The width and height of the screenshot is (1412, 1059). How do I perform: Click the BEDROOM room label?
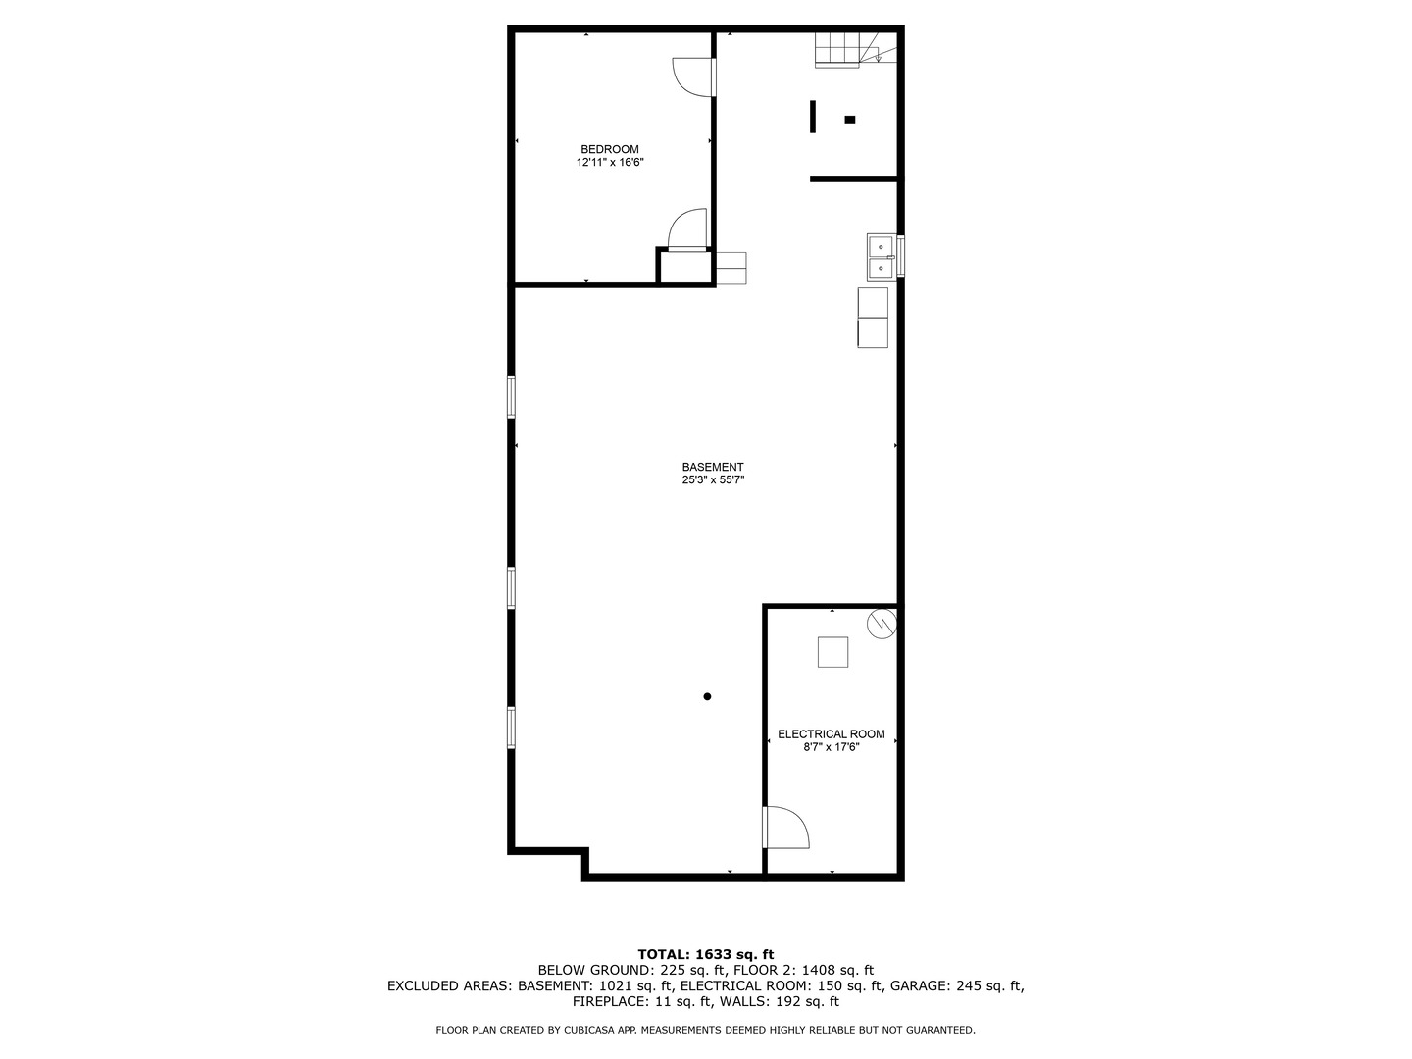[x=609, y=149]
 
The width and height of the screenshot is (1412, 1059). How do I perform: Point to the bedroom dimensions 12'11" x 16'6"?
[x=609, y=163]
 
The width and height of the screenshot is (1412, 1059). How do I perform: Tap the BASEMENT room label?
[x=713, y=467]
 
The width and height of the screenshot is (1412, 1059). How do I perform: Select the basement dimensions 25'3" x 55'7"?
[x=713, y=480]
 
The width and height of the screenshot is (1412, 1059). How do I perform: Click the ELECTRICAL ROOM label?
[x=831, y=733]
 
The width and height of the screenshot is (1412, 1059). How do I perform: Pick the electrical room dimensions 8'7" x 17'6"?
[x=831, y=747]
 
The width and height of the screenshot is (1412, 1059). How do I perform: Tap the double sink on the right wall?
[x=881, y=256]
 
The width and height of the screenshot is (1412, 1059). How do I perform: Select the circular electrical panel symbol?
[x=882, y=624]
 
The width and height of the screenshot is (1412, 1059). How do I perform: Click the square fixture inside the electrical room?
[x=832, y=652]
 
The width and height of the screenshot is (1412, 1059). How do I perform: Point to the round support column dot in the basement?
[x=707, y=696]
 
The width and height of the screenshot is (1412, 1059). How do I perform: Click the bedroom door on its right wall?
[x=694, y=77]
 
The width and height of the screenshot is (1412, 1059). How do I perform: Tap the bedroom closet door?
[x=686, y=231]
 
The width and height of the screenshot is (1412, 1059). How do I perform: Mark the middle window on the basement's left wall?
[x=511, y=588]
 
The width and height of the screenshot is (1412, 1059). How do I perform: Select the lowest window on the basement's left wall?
[x=511, y=728]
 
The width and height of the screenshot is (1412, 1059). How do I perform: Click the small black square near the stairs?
[x=850, y=120]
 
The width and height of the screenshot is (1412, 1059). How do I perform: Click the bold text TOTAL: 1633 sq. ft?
[x=705, y=953]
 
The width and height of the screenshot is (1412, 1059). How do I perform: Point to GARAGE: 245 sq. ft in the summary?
[x=966, y=985]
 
